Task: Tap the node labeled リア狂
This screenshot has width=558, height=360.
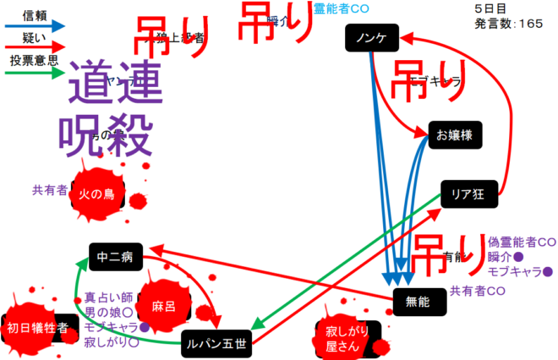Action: click(x=468, y=195)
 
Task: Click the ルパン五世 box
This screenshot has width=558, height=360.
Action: click(x=216, y=342)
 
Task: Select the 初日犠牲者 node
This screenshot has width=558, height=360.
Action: click(x=36, y=329)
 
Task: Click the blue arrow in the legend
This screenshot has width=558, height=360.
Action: click(x=35, y=26)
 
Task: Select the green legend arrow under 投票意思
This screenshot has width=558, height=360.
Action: click(x=35, y=73)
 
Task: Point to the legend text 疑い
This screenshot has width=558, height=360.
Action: click(x=35, y=36)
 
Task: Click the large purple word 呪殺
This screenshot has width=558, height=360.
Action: click(x=105, y=131)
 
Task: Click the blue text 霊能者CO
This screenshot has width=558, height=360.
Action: click(x=342, y=8)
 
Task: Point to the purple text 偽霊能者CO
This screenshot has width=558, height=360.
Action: click(x=522, y=242)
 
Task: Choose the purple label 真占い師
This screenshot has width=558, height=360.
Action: click(x=109, y=297)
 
